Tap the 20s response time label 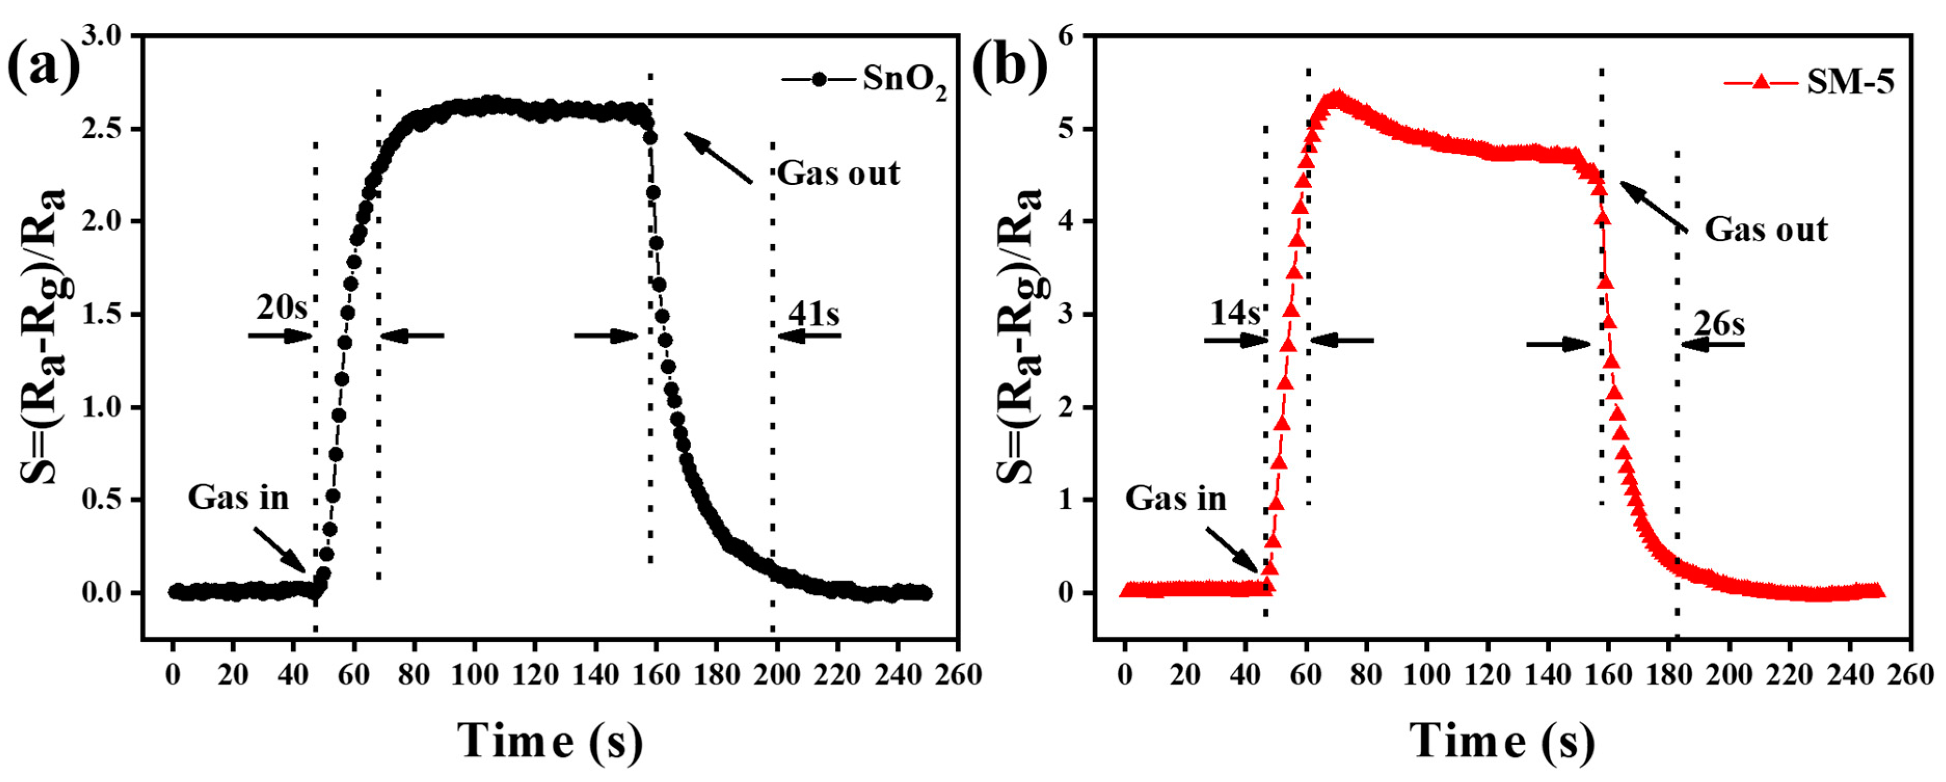[281, 308]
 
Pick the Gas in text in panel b [1175, 498]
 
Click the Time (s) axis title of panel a [551, 740]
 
